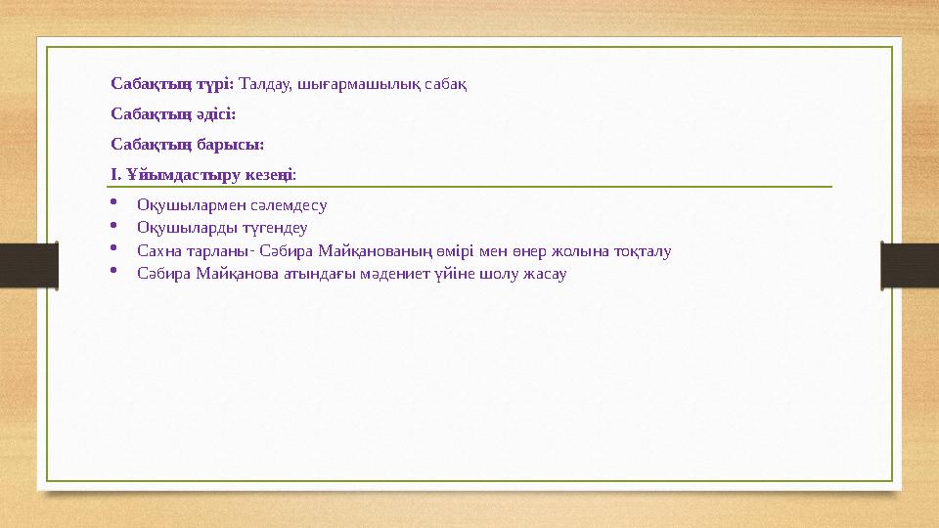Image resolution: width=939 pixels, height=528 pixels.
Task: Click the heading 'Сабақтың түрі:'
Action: pos(172,84)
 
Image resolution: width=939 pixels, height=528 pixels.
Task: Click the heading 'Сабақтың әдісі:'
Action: pos(173,114)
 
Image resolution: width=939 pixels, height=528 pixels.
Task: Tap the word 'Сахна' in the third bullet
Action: pos(157,250)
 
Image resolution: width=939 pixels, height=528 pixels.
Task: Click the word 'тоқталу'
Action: pos(641,250)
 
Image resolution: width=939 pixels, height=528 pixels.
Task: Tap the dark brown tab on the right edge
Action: pos(910,264)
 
